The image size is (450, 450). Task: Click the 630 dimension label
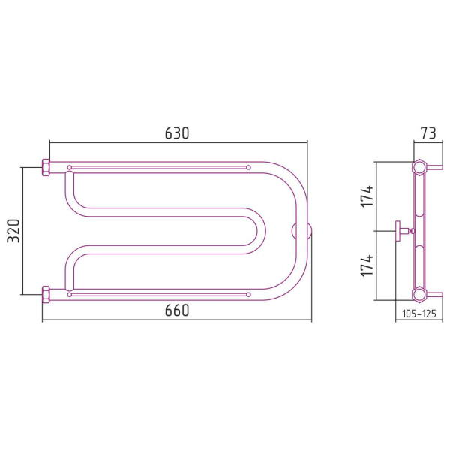click(x=177, y=133)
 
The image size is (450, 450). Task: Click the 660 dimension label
click(x=177, y=310)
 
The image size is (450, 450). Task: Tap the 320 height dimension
click(x=13, y=231)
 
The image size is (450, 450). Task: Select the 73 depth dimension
click(x=428, y=133)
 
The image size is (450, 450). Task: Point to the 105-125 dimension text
click(x=419, y=313)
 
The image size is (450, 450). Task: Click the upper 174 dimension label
click(x=367, y=196)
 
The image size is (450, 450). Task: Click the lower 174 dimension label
click(x=367, y=265)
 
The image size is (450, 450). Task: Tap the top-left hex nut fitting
click(x=46, y=167)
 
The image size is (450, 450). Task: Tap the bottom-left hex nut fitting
click(x=46, y=295)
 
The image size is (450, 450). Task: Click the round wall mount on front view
click(x=301, y=231)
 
